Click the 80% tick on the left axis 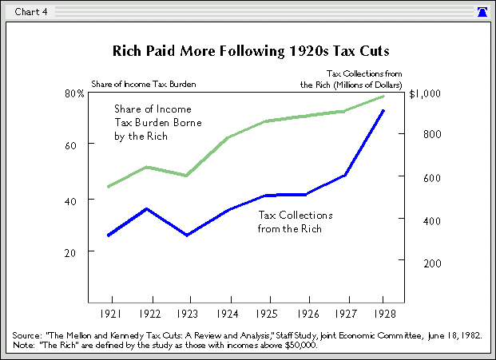74,93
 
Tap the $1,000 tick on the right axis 424,93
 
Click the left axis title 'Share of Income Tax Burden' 144,84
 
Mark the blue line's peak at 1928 383,110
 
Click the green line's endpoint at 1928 383,97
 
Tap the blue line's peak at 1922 146,209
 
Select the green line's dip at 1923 185,175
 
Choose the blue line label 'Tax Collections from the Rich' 296,222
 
